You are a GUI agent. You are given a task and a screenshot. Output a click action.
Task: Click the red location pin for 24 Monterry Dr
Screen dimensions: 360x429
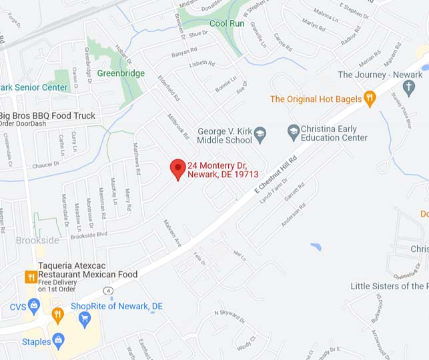click(177, 169)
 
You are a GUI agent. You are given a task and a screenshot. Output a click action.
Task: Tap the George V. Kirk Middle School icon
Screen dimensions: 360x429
click(261, 135)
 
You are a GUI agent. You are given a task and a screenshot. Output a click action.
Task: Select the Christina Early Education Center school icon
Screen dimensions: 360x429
click(293, 130)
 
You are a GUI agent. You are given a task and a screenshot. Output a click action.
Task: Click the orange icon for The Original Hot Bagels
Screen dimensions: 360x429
click(370, 99)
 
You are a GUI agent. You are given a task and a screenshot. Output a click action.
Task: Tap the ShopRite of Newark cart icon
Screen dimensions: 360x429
click(85, 319)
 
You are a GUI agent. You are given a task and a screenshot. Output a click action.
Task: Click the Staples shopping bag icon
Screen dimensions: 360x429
click(59, 342)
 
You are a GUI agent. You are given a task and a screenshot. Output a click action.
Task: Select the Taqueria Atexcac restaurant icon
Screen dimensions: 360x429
click(30, 276)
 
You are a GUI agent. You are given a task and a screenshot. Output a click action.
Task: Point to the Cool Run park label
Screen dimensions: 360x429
click(227, 23)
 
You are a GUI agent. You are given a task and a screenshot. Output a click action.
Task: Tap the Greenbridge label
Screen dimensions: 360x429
click(120, 73)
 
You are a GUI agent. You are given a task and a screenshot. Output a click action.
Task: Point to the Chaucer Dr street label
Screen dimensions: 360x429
click(45, 163)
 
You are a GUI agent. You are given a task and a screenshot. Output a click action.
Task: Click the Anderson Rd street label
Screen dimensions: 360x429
click(294, 214)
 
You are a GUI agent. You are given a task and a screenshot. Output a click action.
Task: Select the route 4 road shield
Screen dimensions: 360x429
click(108, 290)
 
